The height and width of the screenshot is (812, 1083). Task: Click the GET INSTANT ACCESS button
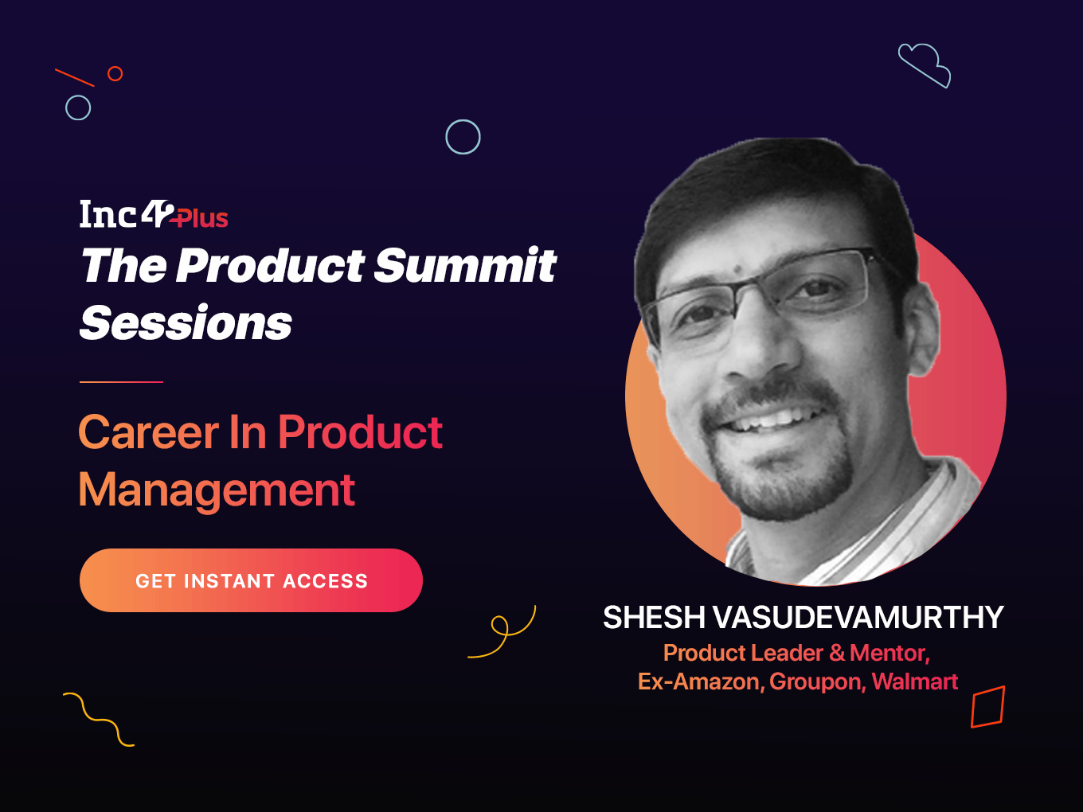[x=251, y=580]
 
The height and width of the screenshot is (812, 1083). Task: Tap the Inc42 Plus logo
[x=154, y=214]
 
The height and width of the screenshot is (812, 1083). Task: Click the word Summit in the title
[x=464, y=265]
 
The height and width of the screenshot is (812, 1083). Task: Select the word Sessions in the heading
[x=186, y=322]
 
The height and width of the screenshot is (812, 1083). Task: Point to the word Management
[x=217, y=490]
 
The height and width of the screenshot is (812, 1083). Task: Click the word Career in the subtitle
[x=148, y=432]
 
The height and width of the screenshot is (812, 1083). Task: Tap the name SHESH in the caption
[x=655, y=617]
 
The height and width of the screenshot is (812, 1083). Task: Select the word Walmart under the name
[x=915, y=681]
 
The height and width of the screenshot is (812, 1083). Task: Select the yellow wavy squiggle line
[x=98, y=720]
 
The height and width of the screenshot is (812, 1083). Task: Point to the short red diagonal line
[x=75, y=77]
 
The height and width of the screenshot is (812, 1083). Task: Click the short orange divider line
[x=121, y=381]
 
